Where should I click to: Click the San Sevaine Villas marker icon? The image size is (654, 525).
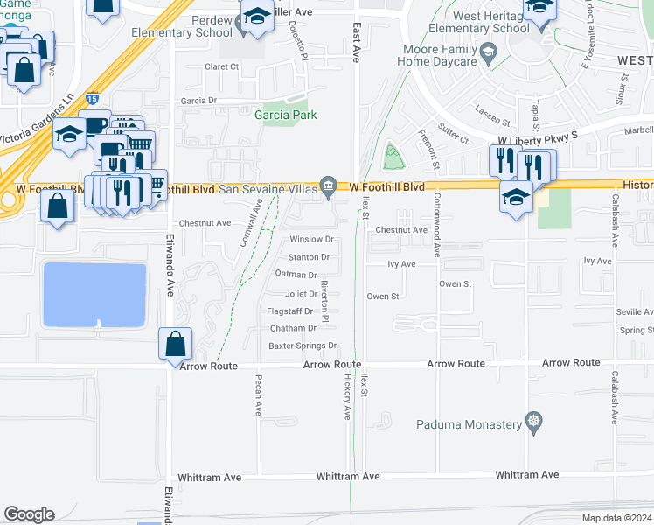coord(329,185)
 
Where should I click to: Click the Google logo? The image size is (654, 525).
coord(29,514)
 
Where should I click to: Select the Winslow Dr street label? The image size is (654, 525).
coord(312,239)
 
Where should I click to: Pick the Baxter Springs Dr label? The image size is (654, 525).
coord(302,346)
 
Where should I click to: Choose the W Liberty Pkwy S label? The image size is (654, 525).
coord(538,139)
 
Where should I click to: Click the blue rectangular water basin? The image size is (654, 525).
coord(94,295)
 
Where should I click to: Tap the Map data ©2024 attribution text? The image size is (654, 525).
coord(616,518)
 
